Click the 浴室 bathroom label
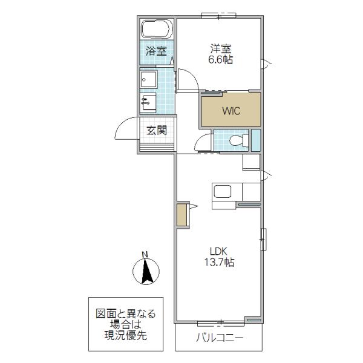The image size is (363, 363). coord(156,51)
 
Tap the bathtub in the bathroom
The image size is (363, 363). coord(157,29)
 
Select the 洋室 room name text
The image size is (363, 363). coord(221,49)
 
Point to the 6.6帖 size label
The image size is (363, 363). coord(221,60)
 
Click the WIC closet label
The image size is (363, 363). coord(231,111)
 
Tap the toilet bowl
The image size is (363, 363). coord(239,140)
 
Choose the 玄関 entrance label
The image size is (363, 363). coord(157,131)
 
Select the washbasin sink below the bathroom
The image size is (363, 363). coord(149,79)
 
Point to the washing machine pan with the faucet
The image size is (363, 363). coord(148,103)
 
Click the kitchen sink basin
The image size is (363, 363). coord(222,191)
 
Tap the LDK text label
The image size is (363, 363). coord(218,251)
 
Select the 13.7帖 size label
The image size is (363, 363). coord(219,263)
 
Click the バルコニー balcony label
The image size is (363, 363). coord(220,338)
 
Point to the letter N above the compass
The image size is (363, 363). coord(145,255)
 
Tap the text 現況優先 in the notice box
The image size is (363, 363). coord(125,335)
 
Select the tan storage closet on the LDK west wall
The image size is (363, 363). coord(181,215)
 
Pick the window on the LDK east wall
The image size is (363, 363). coord(263,240)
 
